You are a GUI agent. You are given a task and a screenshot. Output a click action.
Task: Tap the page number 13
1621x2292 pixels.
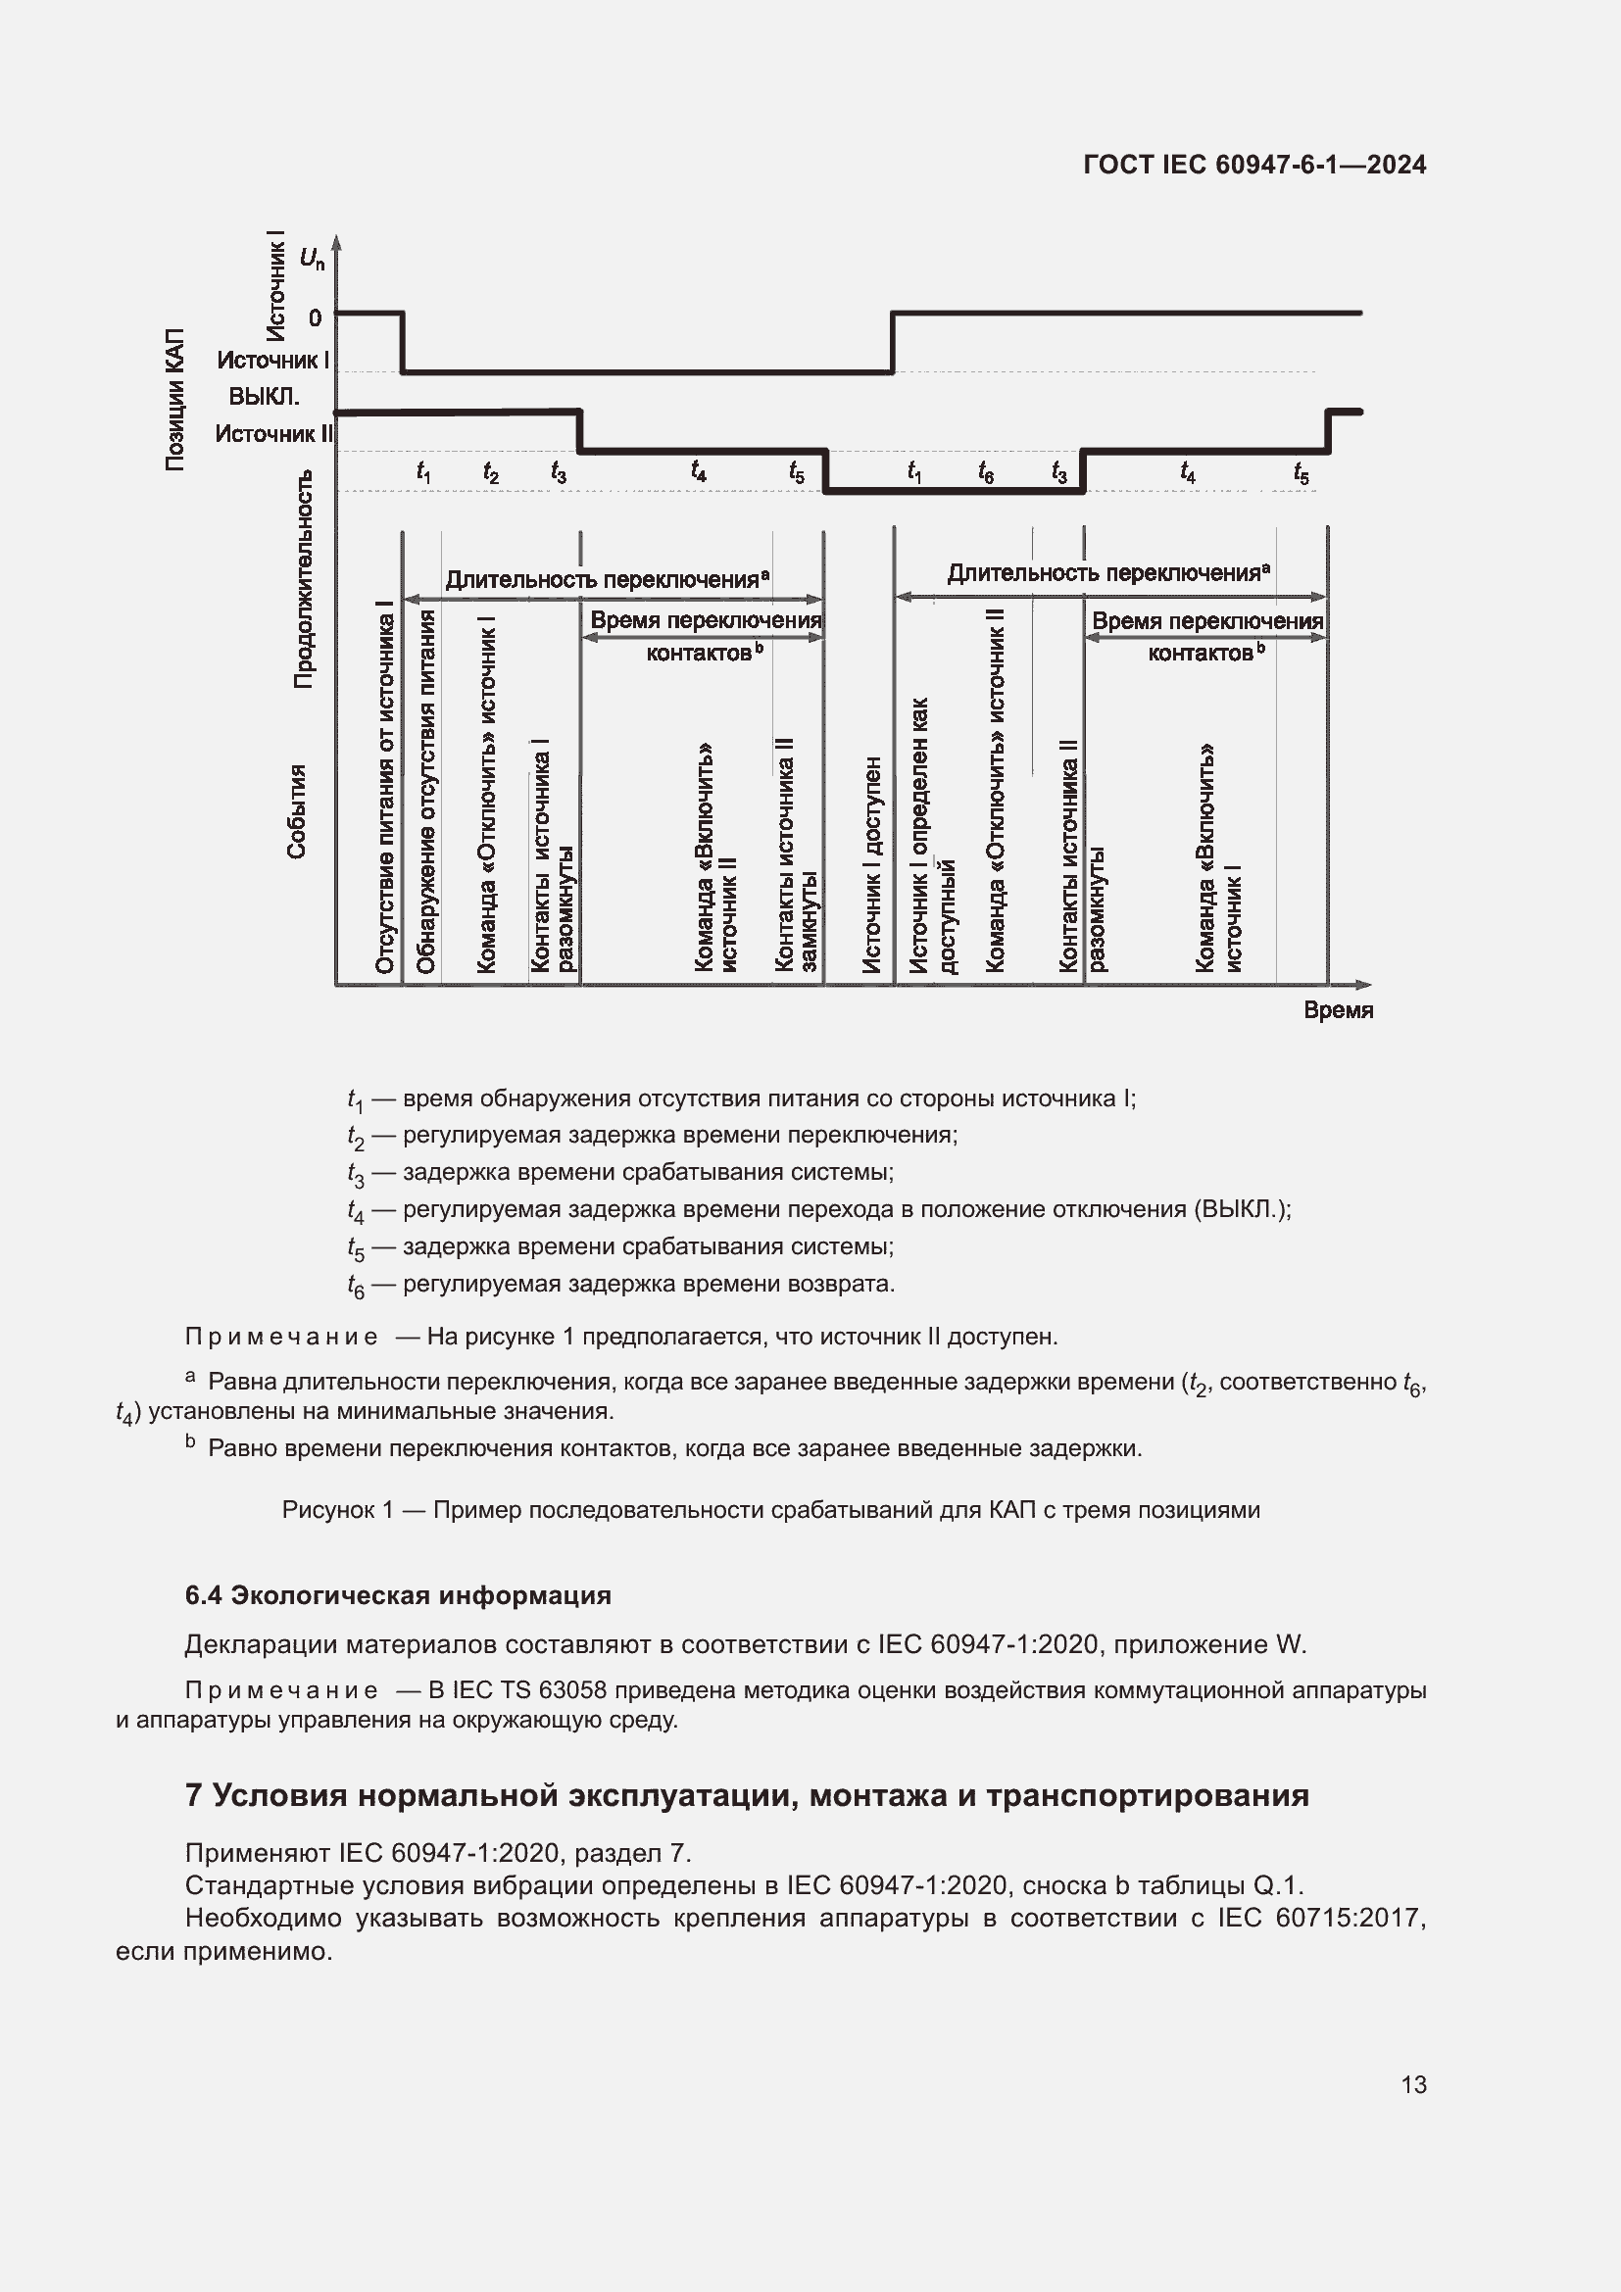(1413, 2084)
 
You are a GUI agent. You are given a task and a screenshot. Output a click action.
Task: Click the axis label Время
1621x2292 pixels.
(1338, 1010)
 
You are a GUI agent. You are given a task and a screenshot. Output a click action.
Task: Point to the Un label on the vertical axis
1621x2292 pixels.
(312, 259)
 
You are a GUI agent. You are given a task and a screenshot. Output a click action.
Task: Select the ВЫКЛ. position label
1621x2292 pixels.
(264, 396)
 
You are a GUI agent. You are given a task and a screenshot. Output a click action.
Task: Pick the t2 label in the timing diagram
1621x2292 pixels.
(490, 472)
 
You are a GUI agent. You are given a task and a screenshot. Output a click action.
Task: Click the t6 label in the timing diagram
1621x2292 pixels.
(985, 472)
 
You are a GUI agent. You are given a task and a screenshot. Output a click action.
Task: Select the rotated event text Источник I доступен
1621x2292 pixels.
(872, 864)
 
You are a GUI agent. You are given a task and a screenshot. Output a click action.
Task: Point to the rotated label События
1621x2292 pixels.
(296, 810)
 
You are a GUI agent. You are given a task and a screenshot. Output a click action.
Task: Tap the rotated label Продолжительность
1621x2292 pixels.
(304, 579)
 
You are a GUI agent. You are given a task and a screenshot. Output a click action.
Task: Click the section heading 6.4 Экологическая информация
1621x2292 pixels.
(397, 1595)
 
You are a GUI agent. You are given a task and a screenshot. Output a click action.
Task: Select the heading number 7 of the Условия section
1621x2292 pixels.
(194, 1795)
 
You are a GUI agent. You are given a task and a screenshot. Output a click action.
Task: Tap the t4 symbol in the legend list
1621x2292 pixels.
(356, 1211)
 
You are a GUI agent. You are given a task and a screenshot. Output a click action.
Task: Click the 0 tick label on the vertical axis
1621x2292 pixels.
(316, 318)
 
